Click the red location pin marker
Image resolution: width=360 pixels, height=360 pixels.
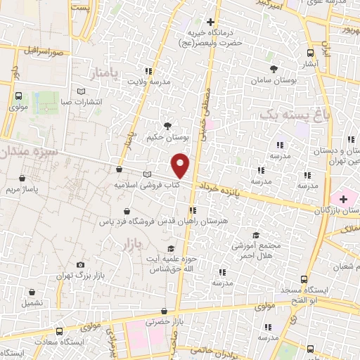pos(181,165)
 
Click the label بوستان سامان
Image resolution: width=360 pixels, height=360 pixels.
pos(274,82)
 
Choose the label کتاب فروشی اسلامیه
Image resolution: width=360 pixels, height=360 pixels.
pos(146,186)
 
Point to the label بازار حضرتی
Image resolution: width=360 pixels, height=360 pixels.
pos(164,323)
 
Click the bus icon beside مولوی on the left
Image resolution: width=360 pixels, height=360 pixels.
pos(18,96)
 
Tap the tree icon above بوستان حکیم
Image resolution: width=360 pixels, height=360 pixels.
pos(167,125)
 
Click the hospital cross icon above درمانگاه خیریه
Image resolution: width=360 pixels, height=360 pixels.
pos(210,21)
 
